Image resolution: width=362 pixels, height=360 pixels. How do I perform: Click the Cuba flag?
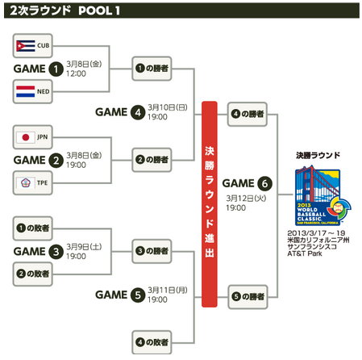(x=26, y=46)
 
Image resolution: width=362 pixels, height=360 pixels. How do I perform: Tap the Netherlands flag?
(x=26, y=91)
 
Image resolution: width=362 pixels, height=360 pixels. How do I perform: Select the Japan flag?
(x=26, y=137)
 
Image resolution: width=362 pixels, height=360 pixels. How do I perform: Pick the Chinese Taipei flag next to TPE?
(x=26, y=183)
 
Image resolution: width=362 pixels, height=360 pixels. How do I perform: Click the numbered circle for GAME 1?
(x=56, y=69)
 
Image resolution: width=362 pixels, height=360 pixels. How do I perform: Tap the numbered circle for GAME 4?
(x=138, y=112)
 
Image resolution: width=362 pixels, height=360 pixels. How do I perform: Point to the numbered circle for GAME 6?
(x=264, y=183)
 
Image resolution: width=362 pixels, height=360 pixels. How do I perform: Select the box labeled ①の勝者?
(x=152, y=69)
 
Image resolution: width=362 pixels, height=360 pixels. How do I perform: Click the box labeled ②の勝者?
(x=152, y=160)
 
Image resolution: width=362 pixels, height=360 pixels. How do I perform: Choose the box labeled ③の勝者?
(x=152, y=251)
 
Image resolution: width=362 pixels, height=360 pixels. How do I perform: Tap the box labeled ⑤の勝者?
(x=248, y=297)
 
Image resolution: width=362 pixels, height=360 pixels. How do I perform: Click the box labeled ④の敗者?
(x=152, y=342)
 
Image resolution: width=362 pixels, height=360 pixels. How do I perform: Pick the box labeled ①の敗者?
(x=33, y=228)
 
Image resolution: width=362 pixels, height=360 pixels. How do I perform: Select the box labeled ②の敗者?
(x=33, y=274)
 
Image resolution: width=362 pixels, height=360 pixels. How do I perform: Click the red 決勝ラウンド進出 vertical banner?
(x=210, y=204)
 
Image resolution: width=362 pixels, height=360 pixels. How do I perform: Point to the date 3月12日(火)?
(x=246, y=199)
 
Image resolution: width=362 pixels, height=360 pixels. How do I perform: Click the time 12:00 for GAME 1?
(x=76, y=73)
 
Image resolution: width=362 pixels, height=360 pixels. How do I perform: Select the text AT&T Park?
(x=305, y=253)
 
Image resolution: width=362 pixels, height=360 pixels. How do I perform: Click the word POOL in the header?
(x=95, y=10)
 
